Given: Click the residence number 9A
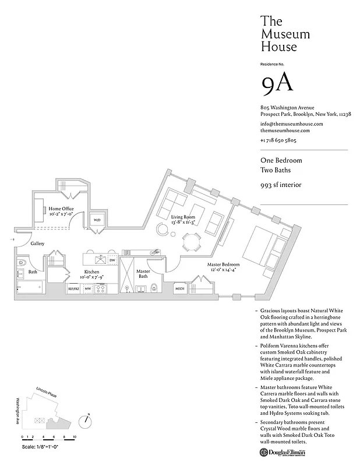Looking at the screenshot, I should (x=277, y=84).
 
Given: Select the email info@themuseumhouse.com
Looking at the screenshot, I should (x=291, y=124).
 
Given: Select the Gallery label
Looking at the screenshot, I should (x=38, y=243).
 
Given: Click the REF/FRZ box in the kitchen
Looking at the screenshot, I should (x=73, y=288).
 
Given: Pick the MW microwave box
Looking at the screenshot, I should (x=88, y=288).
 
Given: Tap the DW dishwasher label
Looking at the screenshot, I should (x=112, y=260).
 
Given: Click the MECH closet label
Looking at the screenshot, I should (x=179, y=288).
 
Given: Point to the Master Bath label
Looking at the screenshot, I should (x=143, y=274).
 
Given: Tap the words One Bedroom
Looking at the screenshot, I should (x=281, y=160).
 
